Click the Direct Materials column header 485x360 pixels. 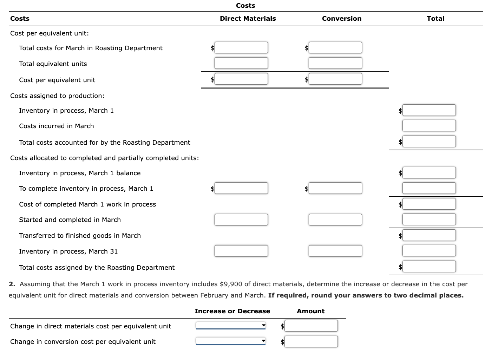pyautogui.click(x=248, y=19)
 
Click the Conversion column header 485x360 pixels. pyautogui.click(x=341, y=19)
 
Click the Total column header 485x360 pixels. pyautogui.click(x=435, y=19)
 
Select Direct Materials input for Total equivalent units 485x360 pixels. pyautogui.click(x=241, y=63)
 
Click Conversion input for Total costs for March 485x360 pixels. pyautogui.click(x=335, y=48)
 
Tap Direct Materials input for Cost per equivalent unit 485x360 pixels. pyautogui.click(x=241, y=79)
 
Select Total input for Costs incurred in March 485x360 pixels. pyautogui.click(x=429, y=126)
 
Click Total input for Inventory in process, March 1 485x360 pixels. pyautogui.click(x=429, y=110)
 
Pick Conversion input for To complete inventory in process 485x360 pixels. pyautogui.click(x=335, y=188)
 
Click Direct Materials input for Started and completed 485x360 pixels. pyautogui.click(x=241, y=220)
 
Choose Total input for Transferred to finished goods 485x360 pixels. pyautogui.click(x=429, y=235)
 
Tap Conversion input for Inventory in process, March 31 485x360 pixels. pyautogui.click(x=335, y=251)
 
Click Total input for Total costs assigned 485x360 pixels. pyautogui.click(x=429, y=267)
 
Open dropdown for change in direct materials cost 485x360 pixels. pyautogui.click(x=230, y=326)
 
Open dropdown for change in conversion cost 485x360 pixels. pyautogui.click(x=230, y=341)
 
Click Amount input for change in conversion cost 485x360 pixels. pyautogui.click(x=311, y=341)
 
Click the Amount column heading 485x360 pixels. pyautogui.click(x=310, y=311)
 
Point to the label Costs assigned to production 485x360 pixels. pyautogui.click(x=57, y=96)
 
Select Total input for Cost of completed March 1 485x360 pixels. pyautogui.click(x=429, y=204)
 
